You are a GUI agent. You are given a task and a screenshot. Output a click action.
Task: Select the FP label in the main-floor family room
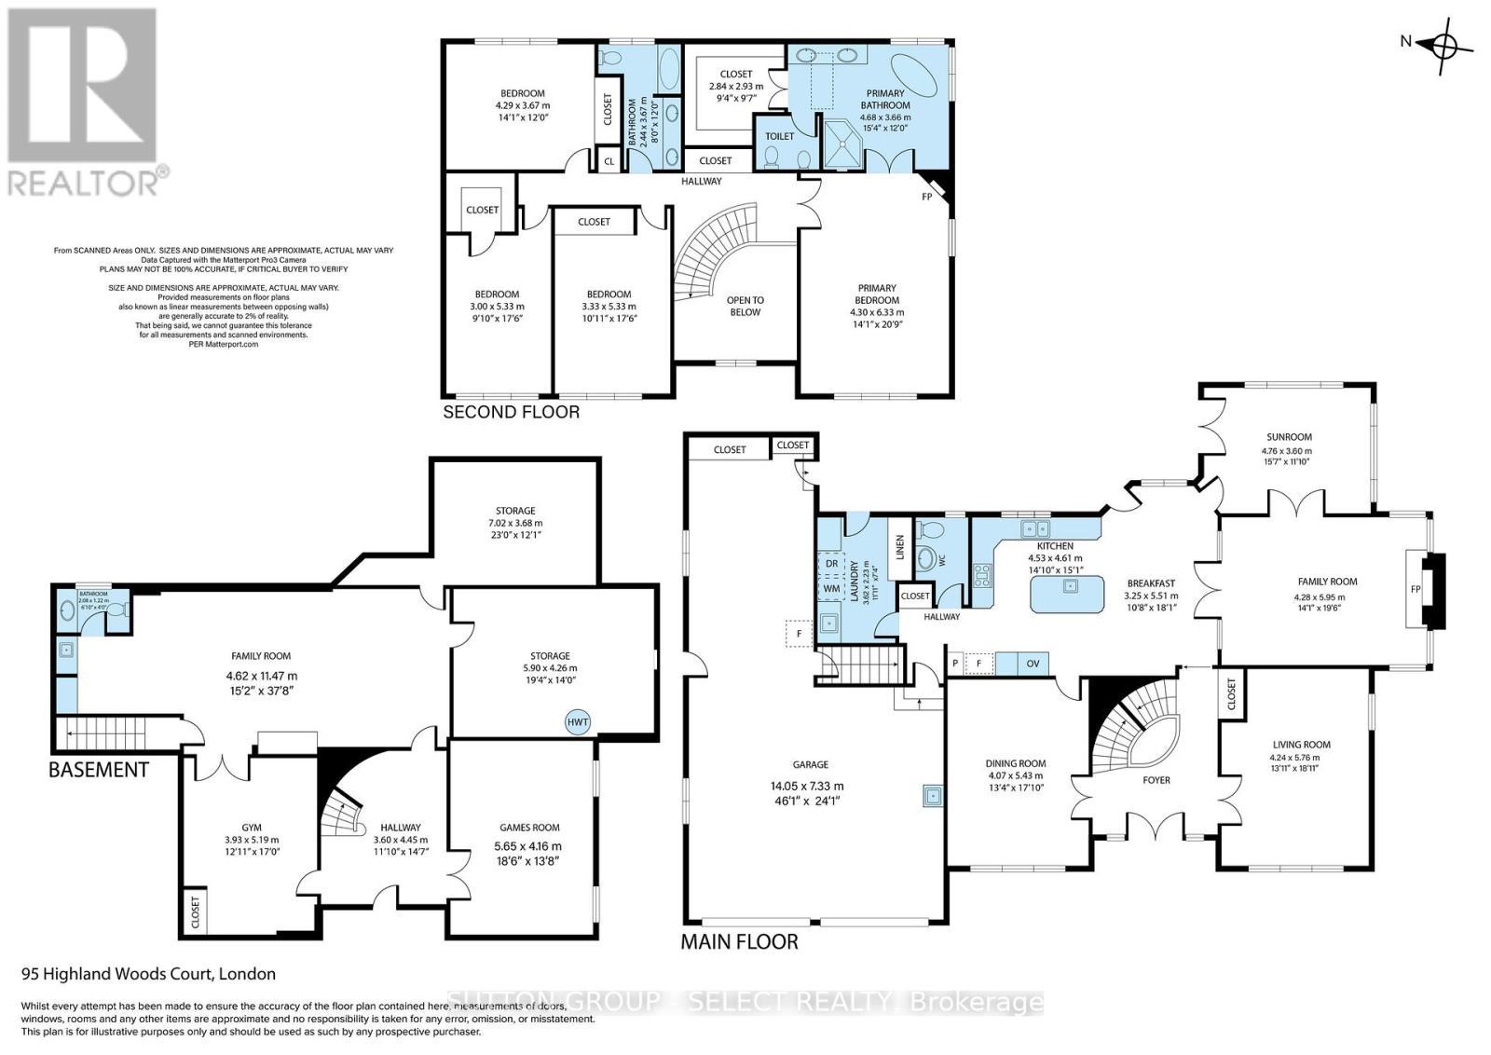(1416, 589)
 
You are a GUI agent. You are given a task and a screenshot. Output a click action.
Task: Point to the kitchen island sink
(1071, 586)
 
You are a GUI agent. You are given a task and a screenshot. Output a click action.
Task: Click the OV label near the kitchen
(1033, 664)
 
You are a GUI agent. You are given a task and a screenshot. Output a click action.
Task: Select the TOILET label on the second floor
(779, 136)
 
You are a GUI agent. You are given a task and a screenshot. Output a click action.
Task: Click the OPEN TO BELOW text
(745, 306)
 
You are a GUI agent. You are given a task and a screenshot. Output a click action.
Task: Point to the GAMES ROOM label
(529, 828)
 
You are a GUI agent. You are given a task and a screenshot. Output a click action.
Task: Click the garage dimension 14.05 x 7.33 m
(800, 786)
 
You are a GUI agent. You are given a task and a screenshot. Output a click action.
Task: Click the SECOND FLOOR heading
(511, 412)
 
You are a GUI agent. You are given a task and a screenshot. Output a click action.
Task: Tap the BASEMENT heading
(98, 770)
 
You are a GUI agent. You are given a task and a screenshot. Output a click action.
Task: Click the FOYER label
(1156, 780)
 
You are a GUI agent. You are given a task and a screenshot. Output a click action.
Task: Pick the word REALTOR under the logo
(82, 182)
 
